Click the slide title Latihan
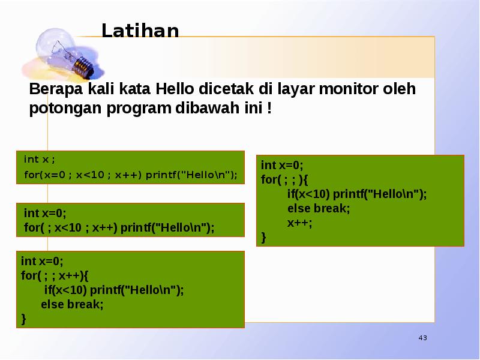click(140, 31)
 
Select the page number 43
click(422, 339)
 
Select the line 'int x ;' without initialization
click(39, 159)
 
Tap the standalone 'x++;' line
click(299, 223)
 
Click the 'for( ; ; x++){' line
click(55, 275)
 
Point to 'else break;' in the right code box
click(318, 208)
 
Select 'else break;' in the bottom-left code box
click(72, 304)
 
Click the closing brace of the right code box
click(263, 238)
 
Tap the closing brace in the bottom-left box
click(23, 319)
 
